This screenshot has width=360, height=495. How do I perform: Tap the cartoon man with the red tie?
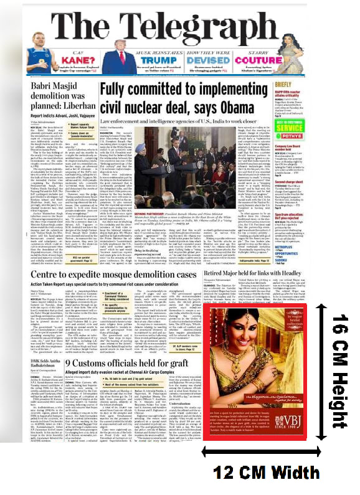coord(109,60)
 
